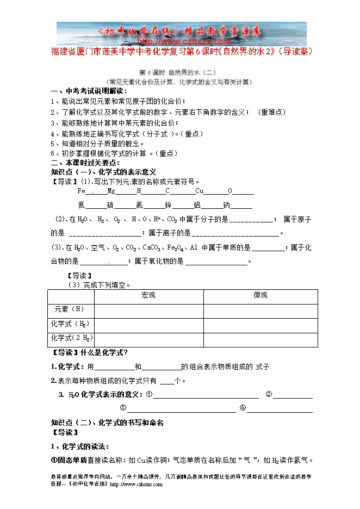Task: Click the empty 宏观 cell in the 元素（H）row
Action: [x=148, y=310]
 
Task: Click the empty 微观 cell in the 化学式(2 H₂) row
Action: [x=260, y=338]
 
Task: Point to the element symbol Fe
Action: [x=82, y=191]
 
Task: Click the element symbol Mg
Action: [x=111, y=191]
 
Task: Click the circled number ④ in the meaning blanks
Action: [x=243, y=408]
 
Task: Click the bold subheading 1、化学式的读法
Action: [x=80, y=446]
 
